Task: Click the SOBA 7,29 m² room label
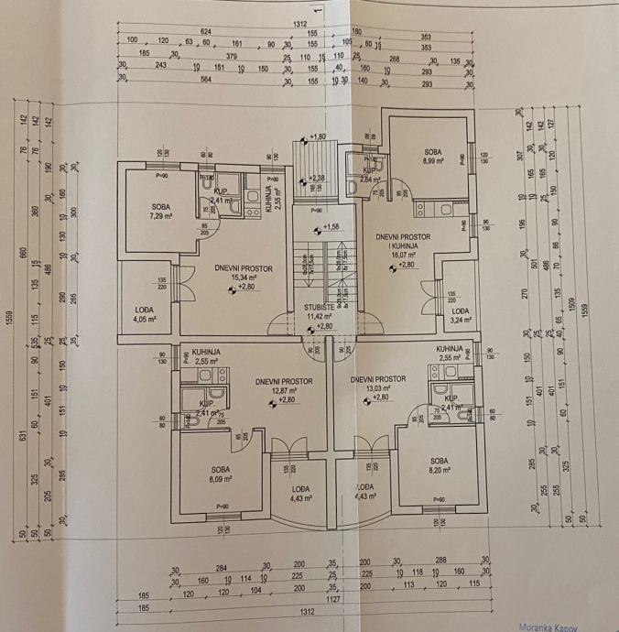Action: (161, 212)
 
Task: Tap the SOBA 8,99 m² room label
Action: (433, 156)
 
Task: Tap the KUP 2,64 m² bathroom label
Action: (371, 175)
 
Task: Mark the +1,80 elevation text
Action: (319, 136)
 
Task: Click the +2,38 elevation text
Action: (317, 177)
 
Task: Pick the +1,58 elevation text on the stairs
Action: (320, 226)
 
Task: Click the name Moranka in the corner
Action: (537, 626)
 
